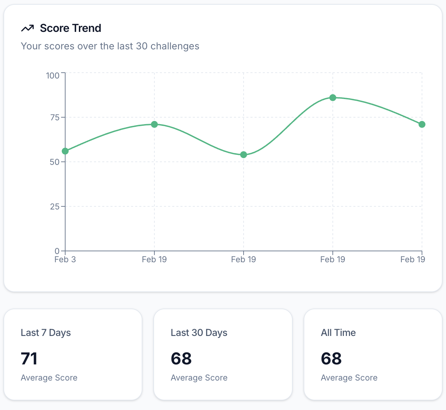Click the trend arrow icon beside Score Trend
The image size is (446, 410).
pyautogui.click(x=27, y=28)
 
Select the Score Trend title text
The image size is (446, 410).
pyautogui.click(x=70, y=28)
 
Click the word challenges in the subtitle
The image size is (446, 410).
pyautogui.click(x=175, y=46)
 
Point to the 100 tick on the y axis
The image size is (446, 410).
pyautogui.click(x=53, y=75)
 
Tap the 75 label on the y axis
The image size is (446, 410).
pyautogui.click(x=55, y=118)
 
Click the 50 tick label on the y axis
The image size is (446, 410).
pyautogui.click(x=55, y=162)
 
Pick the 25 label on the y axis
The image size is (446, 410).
pyautogui.click(x=55, y=206)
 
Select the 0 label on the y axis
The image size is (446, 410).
pyautogui.click(x=57, y=251)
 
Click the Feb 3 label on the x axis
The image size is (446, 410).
pyautogui.click(x=65, y=260)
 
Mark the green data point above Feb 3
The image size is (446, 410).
pyautogui.click(x=65, y=151)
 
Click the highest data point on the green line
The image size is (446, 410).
pyautogui.click(x=333, y=98)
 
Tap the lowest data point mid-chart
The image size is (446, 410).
pyautogui.click(x=244, y=155)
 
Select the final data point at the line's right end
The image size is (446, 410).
pyautogui.click(x=422, y=124)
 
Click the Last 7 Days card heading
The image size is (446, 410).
pyautogui.click(x=46, y=333)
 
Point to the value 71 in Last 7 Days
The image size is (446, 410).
pyautogui.click(x=29, y=359)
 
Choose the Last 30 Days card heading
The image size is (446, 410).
pyautogui.click(x=199, y=333)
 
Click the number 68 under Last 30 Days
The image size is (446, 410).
pyautogui.click(x=181, y=359)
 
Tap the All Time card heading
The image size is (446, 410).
pyautogui.click(x=338, y=333)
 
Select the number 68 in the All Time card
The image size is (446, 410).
pyautogui.click(x=331, y=359)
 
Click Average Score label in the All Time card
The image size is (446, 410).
pyautogui.click(x=349, y=378)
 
